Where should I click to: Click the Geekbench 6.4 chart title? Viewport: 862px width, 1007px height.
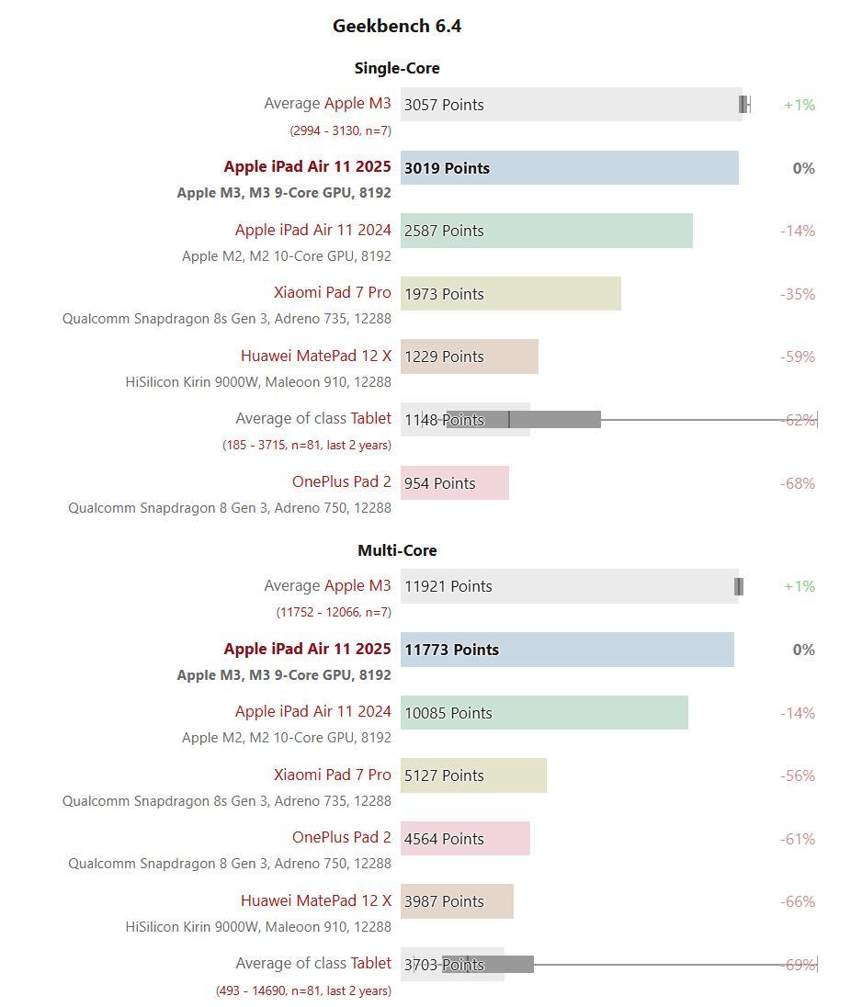(x=397, y=27)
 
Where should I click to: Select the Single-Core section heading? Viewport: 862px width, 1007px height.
(x=397, y=68)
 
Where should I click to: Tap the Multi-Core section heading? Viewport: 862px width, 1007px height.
(x=397, y=550)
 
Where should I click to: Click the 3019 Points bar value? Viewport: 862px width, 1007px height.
(x=447, y=168)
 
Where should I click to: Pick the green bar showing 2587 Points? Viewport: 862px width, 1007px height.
(x=546, y=231)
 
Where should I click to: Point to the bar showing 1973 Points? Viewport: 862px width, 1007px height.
(x=510, y=294)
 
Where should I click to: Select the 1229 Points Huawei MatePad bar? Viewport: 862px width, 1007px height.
(x=469, y=356)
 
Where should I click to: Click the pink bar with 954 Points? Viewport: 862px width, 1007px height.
(x=454, y=483)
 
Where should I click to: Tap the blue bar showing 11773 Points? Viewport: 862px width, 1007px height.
(x=567, y=650)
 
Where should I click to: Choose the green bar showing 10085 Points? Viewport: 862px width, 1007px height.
(x=544, y=713)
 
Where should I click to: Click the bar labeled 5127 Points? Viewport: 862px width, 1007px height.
(x=473, y=775)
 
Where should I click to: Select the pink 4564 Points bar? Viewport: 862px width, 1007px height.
(x=465, y=839)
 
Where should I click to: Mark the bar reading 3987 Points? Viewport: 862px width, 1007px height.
(x=457, y=901)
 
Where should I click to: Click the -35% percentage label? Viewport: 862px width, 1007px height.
(x=798, y=294)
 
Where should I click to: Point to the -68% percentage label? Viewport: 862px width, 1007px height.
(x=798, y=483)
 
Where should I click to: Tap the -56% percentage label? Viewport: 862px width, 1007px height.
(x=798, y=775)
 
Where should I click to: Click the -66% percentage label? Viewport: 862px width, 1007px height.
(x=798, y=901)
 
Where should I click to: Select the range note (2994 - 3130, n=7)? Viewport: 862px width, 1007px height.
(x=340, y=130)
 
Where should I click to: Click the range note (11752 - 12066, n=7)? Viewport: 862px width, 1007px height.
(x=334, y=612)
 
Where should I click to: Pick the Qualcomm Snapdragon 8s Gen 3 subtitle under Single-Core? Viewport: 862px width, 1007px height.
(x=227, y=319)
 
